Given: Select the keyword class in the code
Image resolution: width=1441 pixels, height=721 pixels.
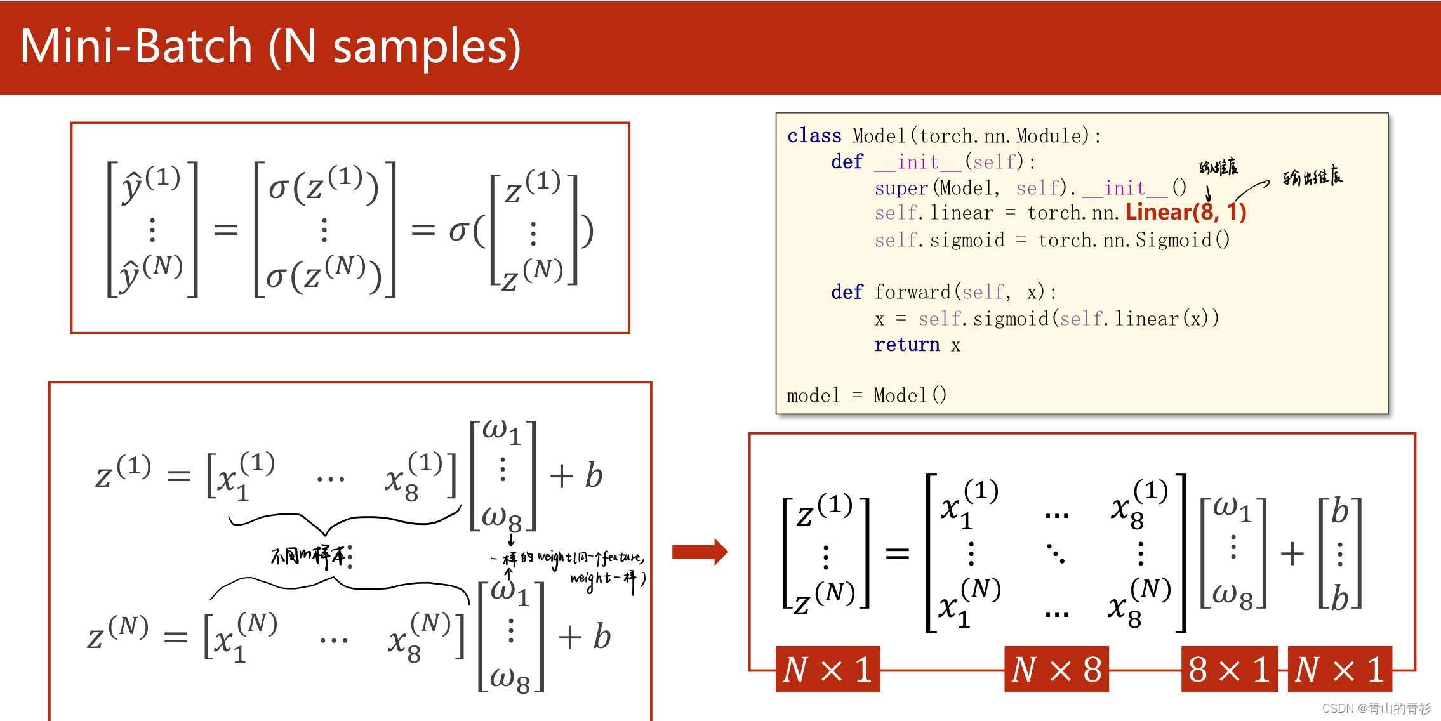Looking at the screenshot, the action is pos(814,136).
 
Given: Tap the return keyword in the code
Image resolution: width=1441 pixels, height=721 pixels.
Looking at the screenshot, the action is pos(906,345).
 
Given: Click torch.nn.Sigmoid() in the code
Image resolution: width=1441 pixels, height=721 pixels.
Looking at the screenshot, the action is pos(1134,240).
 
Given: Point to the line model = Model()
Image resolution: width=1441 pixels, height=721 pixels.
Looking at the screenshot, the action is pos(867,395).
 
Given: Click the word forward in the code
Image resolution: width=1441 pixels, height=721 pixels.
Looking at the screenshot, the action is pos(912,292).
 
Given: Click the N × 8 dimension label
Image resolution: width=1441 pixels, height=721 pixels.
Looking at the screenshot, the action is pos(1056,670).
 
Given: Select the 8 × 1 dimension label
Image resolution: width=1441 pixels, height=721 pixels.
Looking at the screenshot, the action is pos(1229,670).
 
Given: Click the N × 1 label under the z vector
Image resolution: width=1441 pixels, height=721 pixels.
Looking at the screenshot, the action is pos(828,670).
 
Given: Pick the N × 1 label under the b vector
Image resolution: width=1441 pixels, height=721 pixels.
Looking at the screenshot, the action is pos(1339,670).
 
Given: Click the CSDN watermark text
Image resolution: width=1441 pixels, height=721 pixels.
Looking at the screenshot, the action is pos(1376,708).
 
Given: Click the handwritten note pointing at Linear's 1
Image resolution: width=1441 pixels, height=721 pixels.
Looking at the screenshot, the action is pos(1312,177).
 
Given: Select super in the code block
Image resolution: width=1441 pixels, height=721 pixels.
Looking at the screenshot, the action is pos(901,188).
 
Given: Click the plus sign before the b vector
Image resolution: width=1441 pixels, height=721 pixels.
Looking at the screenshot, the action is pos(1292,553).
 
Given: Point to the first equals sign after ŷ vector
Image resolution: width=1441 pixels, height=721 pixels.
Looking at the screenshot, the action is pos(225,229).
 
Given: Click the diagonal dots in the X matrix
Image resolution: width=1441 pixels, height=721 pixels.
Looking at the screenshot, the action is pos(1056,553).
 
